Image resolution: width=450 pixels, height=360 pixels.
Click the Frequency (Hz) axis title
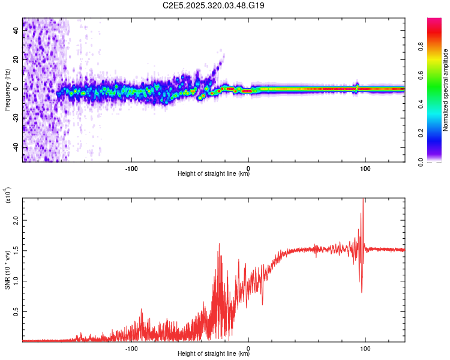point(7,89)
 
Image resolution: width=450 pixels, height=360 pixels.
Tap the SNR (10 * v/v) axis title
point(7,270)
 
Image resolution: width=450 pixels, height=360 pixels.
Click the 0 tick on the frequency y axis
point(17,89)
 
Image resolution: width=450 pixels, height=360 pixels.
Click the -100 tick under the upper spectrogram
point(132,167)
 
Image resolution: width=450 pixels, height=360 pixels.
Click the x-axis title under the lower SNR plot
point(214,354)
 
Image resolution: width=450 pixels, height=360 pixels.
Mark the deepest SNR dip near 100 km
point(361,292)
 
